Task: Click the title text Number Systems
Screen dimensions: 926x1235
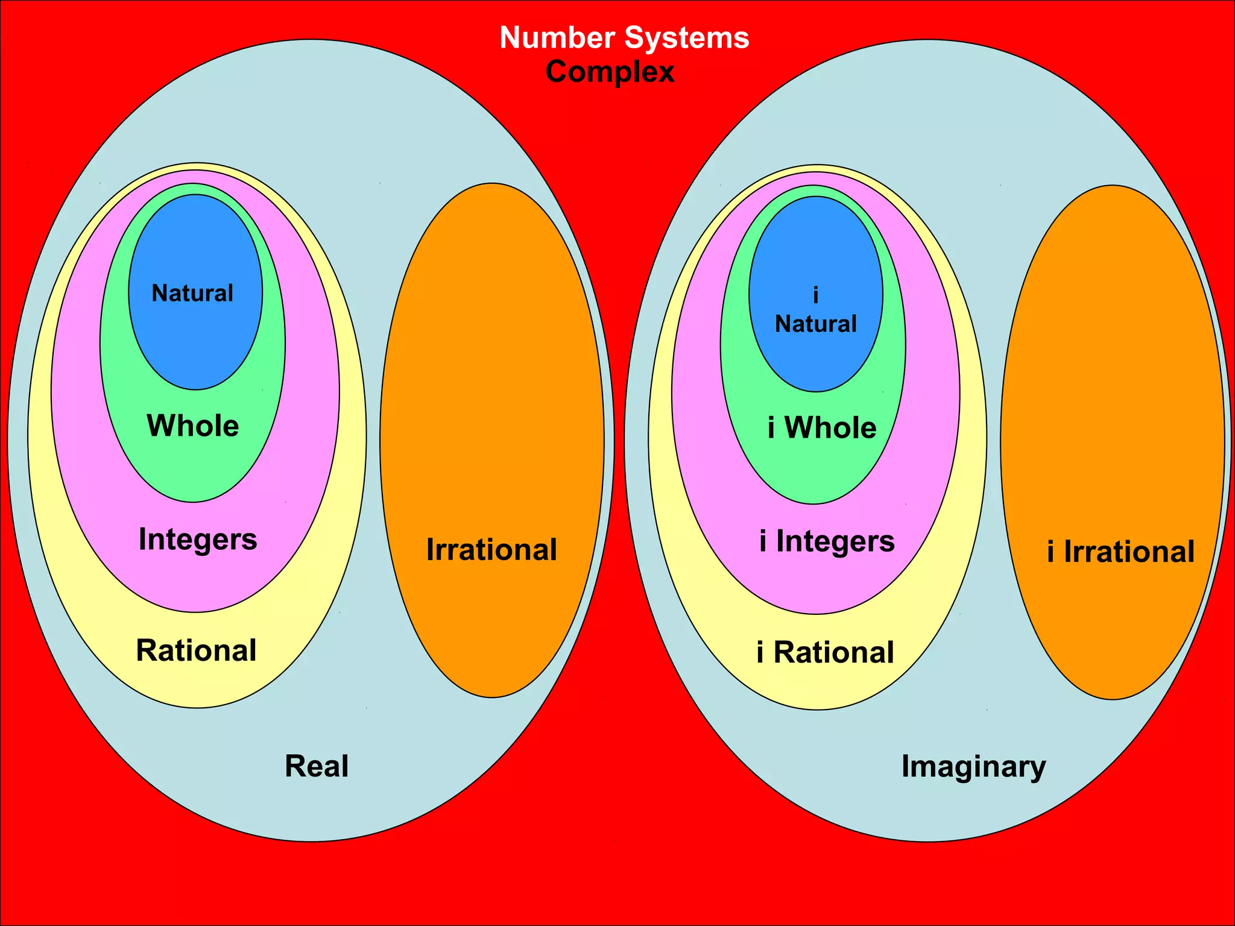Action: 624,37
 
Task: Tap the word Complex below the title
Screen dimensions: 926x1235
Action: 610,72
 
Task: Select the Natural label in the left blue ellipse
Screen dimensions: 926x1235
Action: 192,293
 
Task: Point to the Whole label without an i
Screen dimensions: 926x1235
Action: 193,426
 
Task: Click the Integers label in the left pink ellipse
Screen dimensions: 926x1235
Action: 198,539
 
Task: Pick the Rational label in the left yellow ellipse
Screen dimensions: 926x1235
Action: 197,650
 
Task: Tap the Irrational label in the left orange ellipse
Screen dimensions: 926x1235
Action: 491,549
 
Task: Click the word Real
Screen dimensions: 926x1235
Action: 317,766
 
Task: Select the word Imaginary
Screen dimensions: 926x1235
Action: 973,767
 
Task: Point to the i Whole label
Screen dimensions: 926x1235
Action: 822,427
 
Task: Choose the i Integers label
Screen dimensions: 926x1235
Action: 827,541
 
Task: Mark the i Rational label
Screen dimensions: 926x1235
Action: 826,652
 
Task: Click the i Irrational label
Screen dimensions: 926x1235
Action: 1120,552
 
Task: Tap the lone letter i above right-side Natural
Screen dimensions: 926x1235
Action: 816,295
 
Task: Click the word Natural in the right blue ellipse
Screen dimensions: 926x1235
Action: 816,324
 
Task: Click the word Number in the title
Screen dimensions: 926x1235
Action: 557,37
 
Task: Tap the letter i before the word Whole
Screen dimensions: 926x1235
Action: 771,427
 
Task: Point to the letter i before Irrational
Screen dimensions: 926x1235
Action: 1051,552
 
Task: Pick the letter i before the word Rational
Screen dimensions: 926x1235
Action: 760,652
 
